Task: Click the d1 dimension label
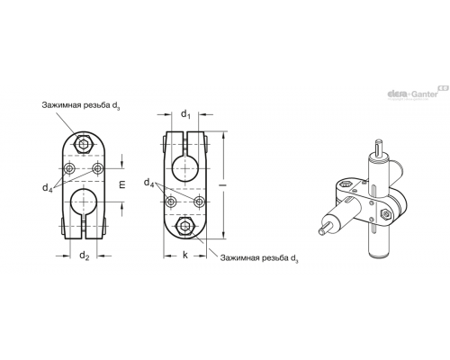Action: [185, 114]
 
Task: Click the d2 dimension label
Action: [85, 256]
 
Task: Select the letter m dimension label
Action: [121, 184]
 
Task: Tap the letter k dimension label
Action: [185, 256]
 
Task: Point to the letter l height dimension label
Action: [223, 185]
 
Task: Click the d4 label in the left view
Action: [48, 188]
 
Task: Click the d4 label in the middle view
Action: [148, 183]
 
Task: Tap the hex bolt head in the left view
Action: [83, 145]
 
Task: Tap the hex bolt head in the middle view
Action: [185, 226]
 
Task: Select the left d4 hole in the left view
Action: [69, 168]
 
